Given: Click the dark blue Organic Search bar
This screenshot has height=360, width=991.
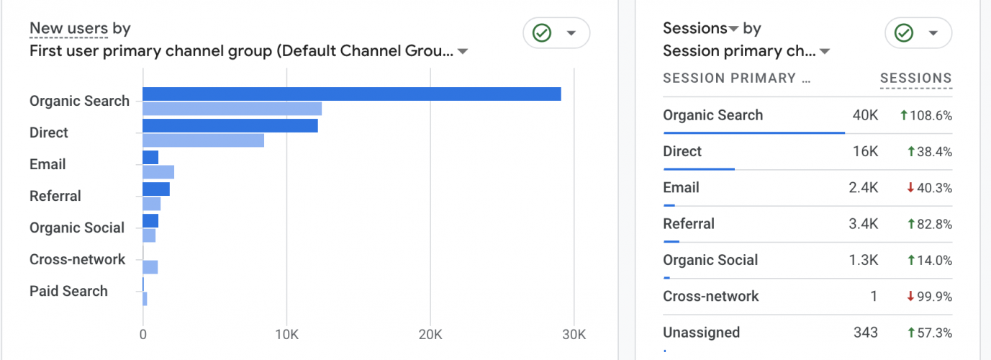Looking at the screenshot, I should [x=351, y=94].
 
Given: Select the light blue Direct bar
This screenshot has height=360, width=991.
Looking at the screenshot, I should [x=203, y=140].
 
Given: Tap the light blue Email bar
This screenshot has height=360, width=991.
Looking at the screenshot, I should [x=158, y=172].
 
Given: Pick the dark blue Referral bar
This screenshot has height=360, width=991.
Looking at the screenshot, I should [x=156, y=189].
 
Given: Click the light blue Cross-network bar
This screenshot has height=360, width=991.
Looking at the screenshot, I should [x=150, y=267].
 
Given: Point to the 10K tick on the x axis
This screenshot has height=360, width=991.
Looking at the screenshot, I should [x=286, y=335].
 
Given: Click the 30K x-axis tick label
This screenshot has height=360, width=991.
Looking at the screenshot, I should [x=574, y=335].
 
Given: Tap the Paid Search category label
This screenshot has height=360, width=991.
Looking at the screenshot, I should [x=68, y=291].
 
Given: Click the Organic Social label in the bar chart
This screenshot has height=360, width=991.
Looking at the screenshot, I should [x=77, y=228].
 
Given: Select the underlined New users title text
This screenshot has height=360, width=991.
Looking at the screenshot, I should [x=68, y=29].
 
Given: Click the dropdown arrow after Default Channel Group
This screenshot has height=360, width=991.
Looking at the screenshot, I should [x=463, y=51].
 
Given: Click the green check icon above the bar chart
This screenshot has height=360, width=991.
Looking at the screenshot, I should [x=541, y=33].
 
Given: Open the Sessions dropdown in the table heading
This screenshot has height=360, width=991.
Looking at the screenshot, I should [x=733, y=29].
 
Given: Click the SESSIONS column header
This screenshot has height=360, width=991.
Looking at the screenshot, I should [x=915, y=78].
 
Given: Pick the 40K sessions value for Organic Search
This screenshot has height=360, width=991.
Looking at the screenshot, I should [x=864, y=115].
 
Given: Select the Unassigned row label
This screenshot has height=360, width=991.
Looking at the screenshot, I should [x=701, y=332].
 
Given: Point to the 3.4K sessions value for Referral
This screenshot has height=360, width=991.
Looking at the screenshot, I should [x=863, y=224].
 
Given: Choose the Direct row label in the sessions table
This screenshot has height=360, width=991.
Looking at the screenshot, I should [x=682, y=151].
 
